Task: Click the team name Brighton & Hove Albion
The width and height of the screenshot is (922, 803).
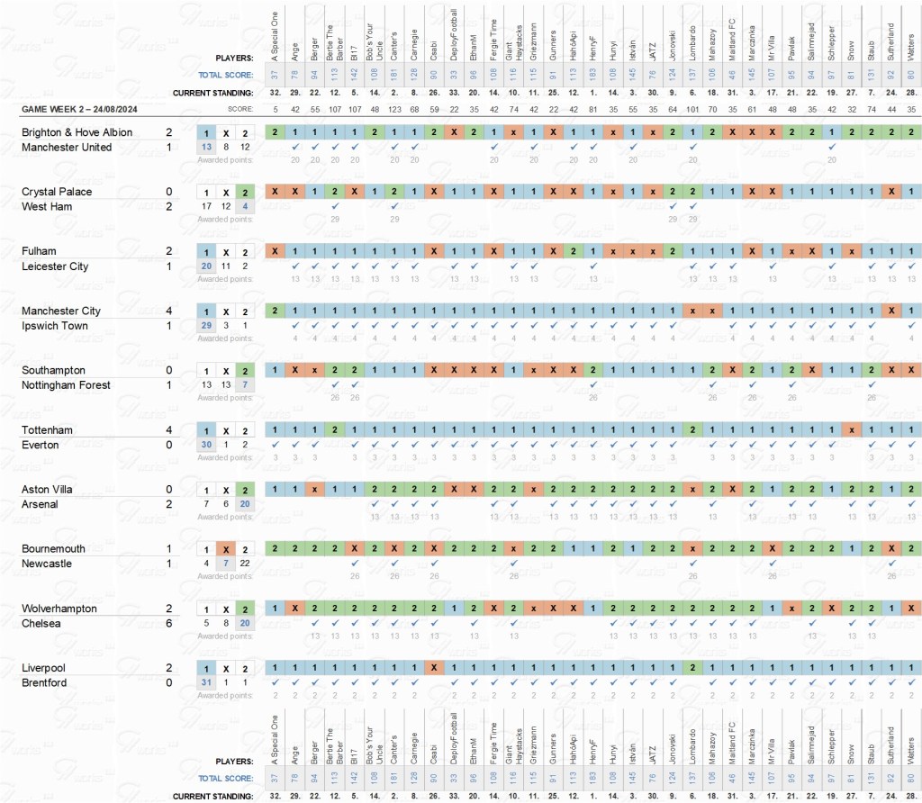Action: pyautogui.click(x=77, y=132)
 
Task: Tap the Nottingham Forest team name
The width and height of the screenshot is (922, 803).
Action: pyautogui.click(x=66, y=385)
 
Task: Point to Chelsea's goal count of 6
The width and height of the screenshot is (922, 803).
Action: pyautogui.click(x=168, y=624)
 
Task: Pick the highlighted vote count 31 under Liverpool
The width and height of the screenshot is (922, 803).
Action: pyautogui.click(x=206, y=683)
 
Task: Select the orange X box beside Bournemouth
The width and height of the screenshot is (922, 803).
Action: pyautogui.click(x=226, y=549)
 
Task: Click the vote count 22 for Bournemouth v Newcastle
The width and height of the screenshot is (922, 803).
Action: pyautogui.click(x=246, y=564)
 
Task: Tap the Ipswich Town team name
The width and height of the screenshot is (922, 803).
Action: pyautogui.click(x=55, y=326)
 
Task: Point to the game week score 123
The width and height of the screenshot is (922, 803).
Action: pyautogui.click(x=394, y=110)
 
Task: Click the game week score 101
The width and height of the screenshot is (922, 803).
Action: pyautogui.click(x=691, y=110)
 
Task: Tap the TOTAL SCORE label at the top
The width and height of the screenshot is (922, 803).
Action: pyautogui.click(x=226, y=75)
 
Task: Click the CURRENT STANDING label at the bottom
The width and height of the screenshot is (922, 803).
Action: pyautogui.click(x=213, y=796)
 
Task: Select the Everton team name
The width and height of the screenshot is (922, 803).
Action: pyautogui.click(x=41, y=445)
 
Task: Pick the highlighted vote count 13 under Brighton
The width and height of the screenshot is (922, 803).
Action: pyautogui.click(x=206, y=147)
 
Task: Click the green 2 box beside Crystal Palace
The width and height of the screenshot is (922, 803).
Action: pyautogui.click(x=246, y=192)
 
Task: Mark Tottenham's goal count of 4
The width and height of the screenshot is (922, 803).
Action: pyautogui.click(x=168, y=430)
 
